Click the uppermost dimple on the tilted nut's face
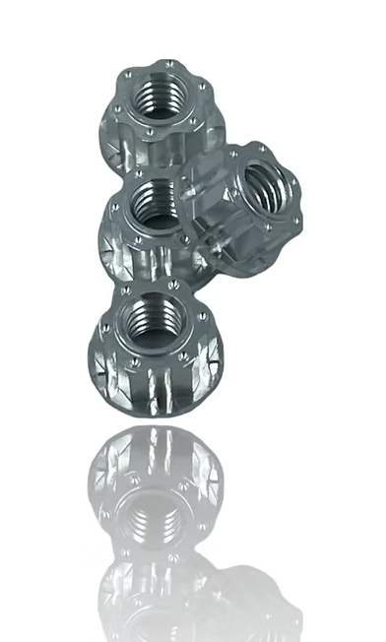point(262,149)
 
